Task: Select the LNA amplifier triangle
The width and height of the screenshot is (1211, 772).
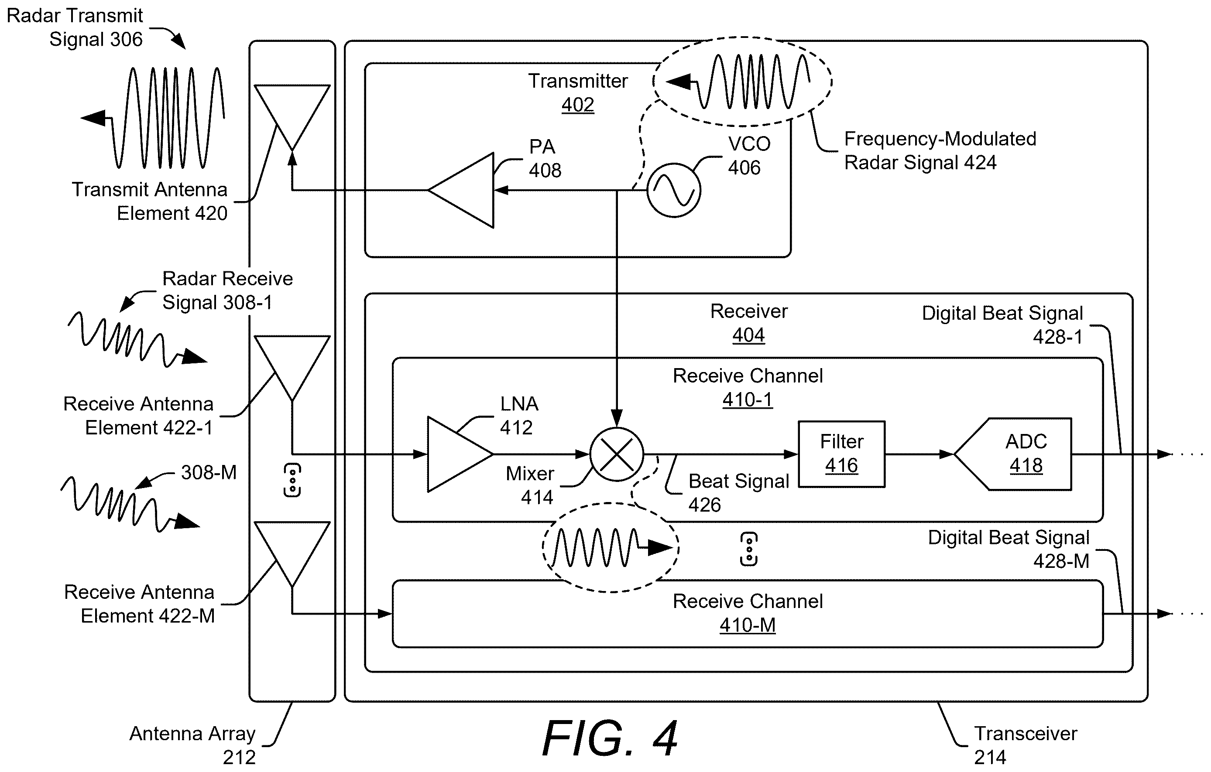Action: [460, 454]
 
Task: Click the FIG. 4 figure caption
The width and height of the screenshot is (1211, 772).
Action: [610, 738]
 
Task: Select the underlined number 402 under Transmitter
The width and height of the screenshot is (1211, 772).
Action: [578, 105]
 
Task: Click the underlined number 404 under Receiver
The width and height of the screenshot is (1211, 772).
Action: [748, 335]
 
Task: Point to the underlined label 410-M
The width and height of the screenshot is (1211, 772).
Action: [748, 625]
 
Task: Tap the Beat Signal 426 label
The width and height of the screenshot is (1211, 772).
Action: [739, 492]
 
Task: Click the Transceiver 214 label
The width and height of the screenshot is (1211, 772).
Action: [1026, 745]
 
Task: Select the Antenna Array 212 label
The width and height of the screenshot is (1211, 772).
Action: [192, 745]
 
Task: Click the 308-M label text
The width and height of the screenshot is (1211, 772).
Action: [209, 472]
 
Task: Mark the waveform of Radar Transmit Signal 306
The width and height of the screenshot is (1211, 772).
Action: [153, 118]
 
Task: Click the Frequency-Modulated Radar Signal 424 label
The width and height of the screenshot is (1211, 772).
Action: [940, 150]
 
